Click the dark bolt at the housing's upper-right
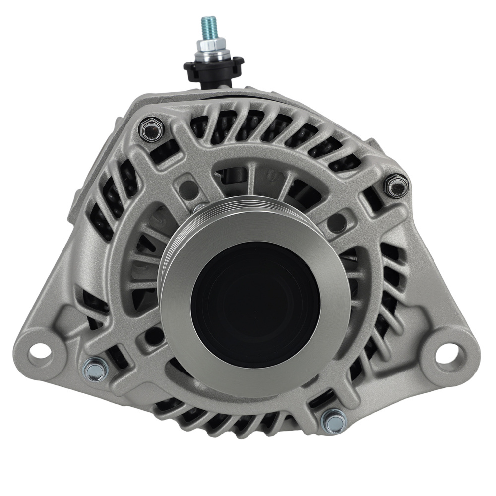tap(397, 186)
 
